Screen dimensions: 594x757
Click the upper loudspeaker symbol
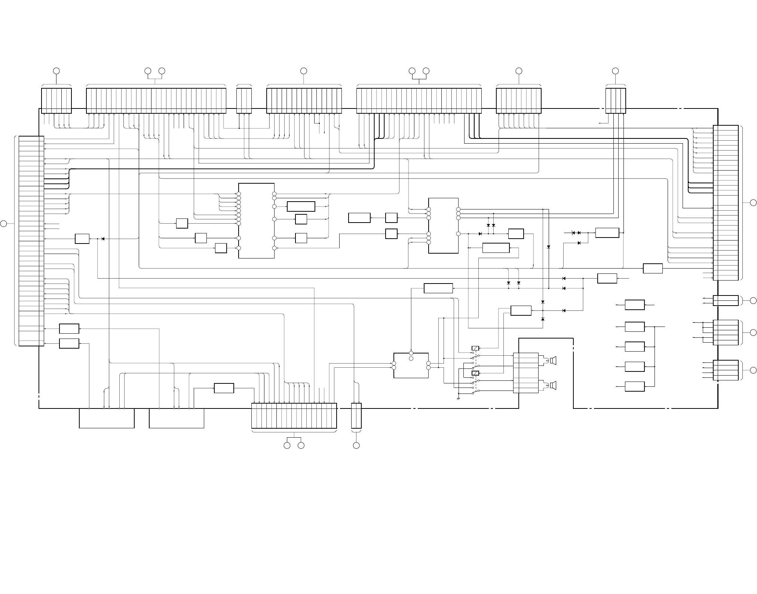(553, 361)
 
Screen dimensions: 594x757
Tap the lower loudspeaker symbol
(553, 385)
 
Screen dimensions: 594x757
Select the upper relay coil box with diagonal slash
(475, 349)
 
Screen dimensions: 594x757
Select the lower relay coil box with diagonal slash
(475, 373)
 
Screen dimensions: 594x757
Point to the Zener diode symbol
(573, 233)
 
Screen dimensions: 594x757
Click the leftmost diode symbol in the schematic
(103, 239)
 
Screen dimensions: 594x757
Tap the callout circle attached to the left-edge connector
(3, 224)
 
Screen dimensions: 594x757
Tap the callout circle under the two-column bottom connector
(356, 445)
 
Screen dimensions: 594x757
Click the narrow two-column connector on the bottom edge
(356, 416)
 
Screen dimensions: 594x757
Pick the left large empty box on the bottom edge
(107, 418)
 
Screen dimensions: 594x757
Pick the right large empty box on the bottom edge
(177, 418)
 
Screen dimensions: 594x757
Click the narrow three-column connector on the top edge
(244, 101)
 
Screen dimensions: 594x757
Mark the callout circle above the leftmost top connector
(56, 71)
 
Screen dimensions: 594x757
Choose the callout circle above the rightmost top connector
(615, 71)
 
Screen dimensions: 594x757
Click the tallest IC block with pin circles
(256, 221)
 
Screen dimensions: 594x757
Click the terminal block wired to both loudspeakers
(525, 373)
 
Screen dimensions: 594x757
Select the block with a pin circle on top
(411, 365)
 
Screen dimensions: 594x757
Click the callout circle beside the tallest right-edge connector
(753, 203)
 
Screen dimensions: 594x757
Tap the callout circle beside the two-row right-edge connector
(753, 300)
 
